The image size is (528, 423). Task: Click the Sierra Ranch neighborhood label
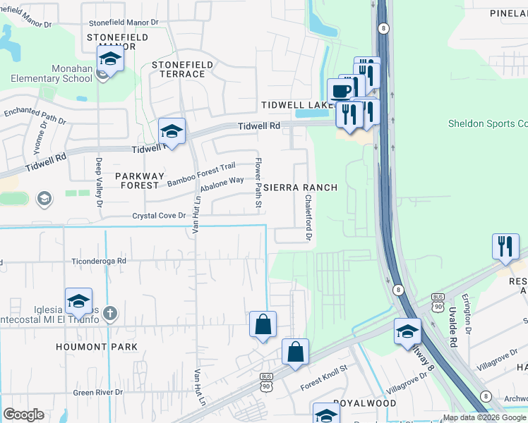[x=300, y=188]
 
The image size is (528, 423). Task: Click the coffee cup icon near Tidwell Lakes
[x=340, y=91]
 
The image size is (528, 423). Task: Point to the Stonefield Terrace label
[x=182, y=69]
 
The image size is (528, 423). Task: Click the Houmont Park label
[x=97, y=347]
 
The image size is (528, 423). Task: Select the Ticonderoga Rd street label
[x=98, y=260]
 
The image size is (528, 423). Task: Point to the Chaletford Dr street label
[x=308, y=218]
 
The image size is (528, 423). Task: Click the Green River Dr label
[x=98, y=392]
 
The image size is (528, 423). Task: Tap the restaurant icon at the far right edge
[x=505, y=247]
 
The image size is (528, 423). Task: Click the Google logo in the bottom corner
[x=23, y=415]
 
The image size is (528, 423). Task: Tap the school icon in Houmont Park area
[x=78, y=301]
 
